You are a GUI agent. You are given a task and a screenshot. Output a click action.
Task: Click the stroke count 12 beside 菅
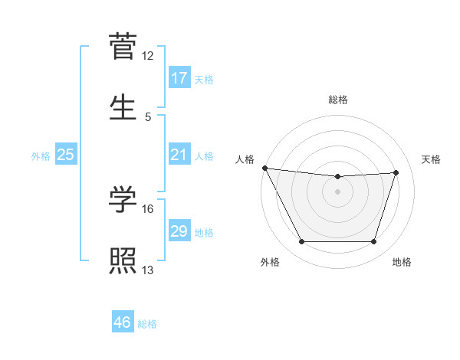(x=148, y=56)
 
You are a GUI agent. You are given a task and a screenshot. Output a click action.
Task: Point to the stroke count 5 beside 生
(x=148, y=116)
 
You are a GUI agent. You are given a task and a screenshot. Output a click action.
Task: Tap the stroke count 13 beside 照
(x=148, y=270)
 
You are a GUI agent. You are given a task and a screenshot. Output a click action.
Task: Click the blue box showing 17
(x=179, y=78)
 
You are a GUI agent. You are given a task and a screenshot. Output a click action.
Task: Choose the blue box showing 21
(x=179, y=155)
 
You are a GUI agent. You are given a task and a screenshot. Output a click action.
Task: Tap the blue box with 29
(x=179, y=231)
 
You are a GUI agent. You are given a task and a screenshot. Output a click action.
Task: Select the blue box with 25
(x=66, y=155)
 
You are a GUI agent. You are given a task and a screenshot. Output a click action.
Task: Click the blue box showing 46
(x=123, y=322)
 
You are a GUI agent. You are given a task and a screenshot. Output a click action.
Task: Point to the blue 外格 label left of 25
(x=41, y=155)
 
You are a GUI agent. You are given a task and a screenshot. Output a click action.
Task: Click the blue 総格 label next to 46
(x=147, y=324)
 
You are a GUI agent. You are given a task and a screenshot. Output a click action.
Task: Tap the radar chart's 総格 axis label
(x=338, y=100)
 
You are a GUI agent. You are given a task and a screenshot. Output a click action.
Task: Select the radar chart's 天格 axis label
(x=432, y=159)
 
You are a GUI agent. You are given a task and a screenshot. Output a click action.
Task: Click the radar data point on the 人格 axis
(x=265, y=168)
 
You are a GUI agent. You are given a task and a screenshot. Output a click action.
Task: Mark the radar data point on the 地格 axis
(x=374, y=242)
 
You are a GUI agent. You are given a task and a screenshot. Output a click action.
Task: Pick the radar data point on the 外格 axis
(x=301, y=242)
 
